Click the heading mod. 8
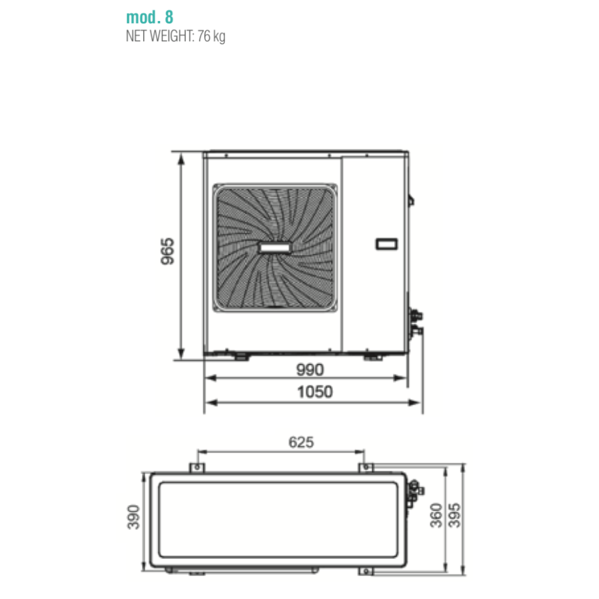click(x=149, y=17)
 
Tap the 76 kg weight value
click(x=211, y=37)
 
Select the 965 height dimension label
click(x=167, y=251)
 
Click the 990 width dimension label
click(x=310, y=370)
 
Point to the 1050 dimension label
click(x=315, y=392)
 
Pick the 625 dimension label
click(x=301, y=442)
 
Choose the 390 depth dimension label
click(x=134, y=517)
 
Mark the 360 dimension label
click(x=436, y=515)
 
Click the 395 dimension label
click(x=454, y=515)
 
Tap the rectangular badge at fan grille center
click(x=275, y=247)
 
